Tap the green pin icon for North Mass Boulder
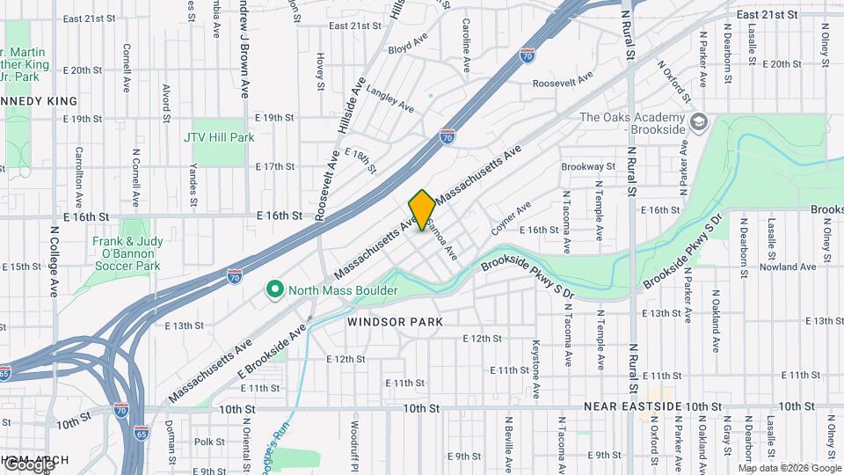pos(274,289)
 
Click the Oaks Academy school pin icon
pos(699,121)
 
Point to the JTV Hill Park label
pos(219,137)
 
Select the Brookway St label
pos(588,165)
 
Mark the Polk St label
pos(203,442)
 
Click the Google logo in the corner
pos(28,464)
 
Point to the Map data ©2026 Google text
pos(789,467)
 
